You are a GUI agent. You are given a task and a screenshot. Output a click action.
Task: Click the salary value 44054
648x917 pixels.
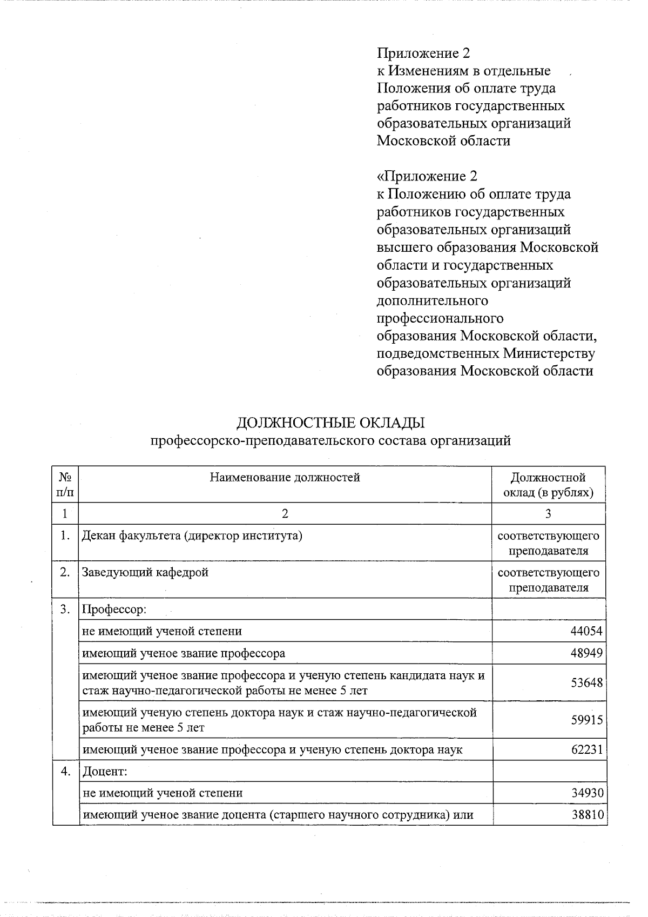[x=586, y=631]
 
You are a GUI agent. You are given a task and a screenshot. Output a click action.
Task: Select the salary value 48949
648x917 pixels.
[x=586, y=653]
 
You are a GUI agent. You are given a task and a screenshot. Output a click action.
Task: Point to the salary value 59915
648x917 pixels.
[x=586, y=720]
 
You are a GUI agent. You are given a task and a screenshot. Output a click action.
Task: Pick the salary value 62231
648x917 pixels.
[x=586, y=749]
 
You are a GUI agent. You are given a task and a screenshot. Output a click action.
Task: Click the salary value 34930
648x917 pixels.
[x=588, y=793]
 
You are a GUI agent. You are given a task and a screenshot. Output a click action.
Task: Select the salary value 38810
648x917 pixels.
[x=588, y=814]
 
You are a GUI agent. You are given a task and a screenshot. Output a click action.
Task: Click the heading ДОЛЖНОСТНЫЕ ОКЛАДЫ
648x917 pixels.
[x=330, y=423]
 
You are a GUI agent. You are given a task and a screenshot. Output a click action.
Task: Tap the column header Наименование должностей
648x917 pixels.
[x=285, y=477]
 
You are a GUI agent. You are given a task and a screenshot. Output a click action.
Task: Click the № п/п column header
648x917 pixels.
[x=65, y=485]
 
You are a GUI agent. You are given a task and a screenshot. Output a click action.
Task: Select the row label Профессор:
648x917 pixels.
[x=114, y=610]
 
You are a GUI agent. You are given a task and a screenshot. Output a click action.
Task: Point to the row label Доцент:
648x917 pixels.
[x=104, y=771]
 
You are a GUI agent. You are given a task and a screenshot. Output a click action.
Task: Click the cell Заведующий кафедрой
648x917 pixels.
[x=145, y=572]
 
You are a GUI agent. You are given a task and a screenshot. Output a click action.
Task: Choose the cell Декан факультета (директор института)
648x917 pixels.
[x=192, y=536]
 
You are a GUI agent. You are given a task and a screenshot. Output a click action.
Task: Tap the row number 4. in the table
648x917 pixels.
[x=65, y=771]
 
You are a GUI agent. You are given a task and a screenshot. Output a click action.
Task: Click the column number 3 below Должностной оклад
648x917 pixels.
[x=548, y=513]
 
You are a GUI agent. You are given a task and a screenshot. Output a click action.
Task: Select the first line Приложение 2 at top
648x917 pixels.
[x=423, y=53]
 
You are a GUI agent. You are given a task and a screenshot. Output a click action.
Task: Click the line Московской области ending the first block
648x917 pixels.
[x=443, y=141]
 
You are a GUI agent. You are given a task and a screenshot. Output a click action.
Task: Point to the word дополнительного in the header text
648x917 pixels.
[x=432, y=300]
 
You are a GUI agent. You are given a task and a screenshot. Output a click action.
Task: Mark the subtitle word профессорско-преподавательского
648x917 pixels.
[x=262, y=440]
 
